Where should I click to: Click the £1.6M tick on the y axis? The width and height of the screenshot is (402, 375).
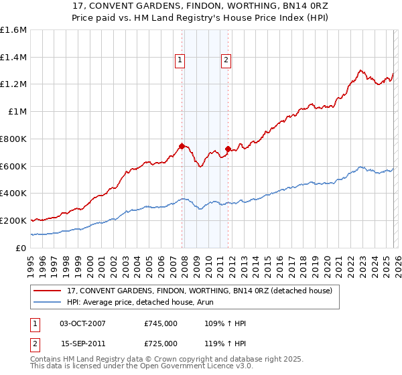(13, 30)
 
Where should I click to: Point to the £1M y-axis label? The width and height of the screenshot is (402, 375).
(17, 112)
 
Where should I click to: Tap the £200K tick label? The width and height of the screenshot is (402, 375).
(13, 220)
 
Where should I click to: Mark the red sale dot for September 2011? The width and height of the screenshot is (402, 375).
(228, 149)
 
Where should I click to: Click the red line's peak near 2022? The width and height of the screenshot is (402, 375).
(360, 70)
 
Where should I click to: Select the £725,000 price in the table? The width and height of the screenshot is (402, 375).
(161, 344)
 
